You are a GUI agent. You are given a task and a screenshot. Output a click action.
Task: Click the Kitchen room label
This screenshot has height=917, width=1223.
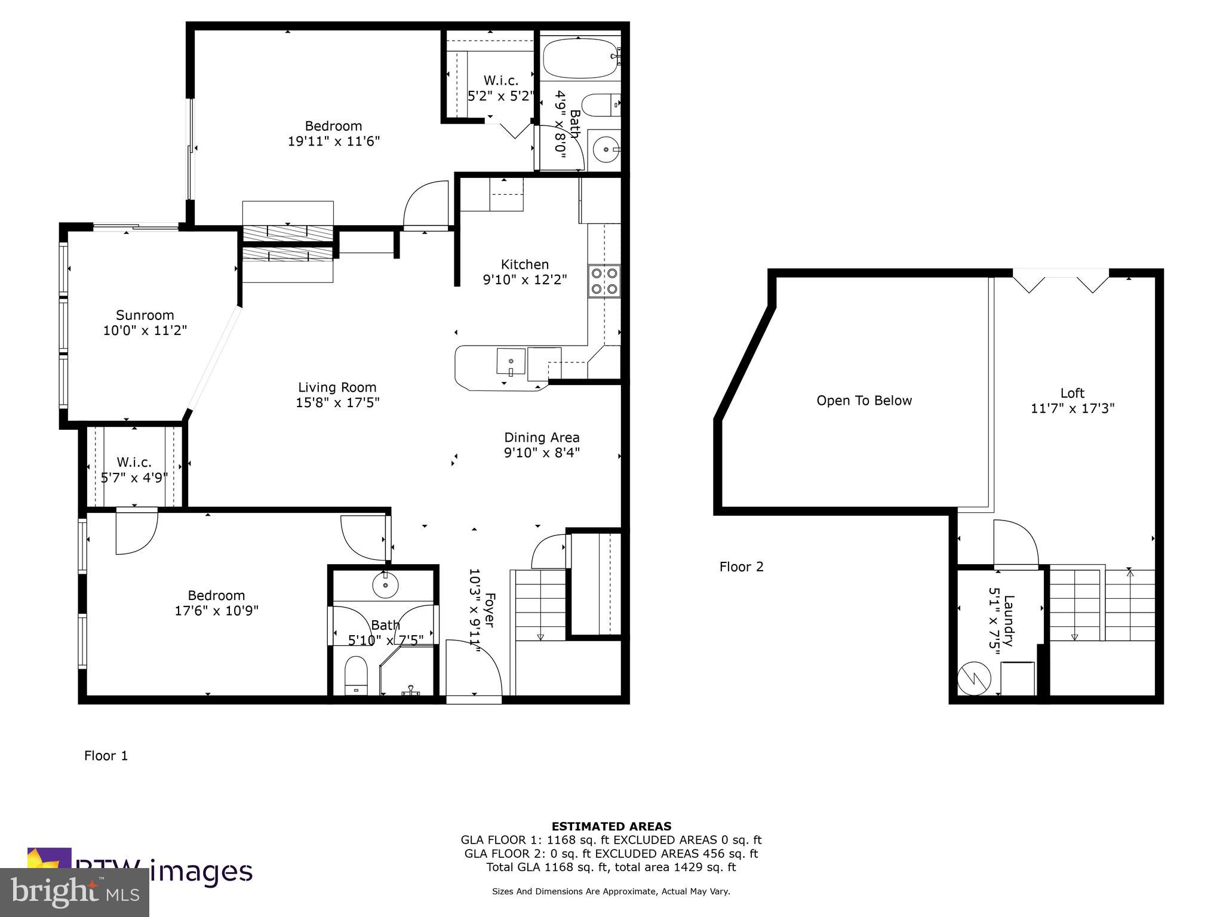[x=524, y=264]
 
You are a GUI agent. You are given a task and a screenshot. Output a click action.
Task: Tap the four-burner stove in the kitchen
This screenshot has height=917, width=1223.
[x=604, y=281]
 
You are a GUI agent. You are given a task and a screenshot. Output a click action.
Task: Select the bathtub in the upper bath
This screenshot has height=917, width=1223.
[x=580, y=58]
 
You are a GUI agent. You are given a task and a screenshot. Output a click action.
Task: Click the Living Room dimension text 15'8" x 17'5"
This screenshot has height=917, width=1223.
[x=337, y=403]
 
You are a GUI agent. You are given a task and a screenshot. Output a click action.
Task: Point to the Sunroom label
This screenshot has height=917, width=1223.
[x=145, y=315]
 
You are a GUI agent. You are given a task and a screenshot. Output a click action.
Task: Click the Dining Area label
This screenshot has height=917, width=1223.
[x=542, y=438]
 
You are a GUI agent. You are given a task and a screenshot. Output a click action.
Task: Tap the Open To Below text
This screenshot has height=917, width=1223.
[x=864, y=401]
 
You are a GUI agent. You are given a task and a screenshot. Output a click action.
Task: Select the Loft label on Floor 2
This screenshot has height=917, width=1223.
[x=1072, y=393]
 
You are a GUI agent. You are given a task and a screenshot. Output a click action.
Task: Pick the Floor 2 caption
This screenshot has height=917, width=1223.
[x=741, y=567]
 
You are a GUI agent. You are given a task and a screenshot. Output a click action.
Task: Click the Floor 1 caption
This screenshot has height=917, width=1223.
[x=106, y=756]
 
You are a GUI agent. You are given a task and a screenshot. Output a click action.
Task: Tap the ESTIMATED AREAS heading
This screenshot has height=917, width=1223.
[x=611, y=826]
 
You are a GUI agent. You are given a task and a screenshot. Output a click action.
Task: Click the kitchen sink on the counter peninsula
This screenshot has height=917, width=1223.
[x=511, y=361]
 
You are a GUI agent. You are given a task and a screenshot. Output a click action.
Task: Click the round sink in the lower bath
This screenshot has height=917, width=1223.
[x=385, y=585]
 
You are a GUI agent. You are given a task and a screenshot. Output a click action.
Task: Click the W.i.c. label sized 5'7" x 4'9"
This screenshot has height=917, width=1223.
[x=134, y=462]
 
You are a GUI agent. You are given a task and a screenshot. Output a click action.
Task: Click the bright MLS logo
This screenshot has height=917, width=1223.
[x=75, y=892]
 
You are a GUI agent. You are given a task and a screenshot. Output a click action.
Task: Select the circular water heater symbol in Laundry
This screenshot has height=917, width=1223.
[x=974, y=678]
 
